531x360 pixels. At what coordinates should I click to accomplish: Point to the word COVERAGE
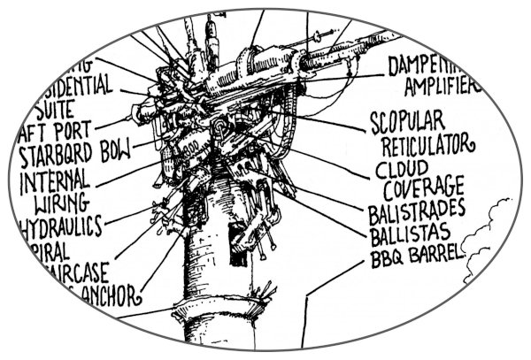click(424, 189)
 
